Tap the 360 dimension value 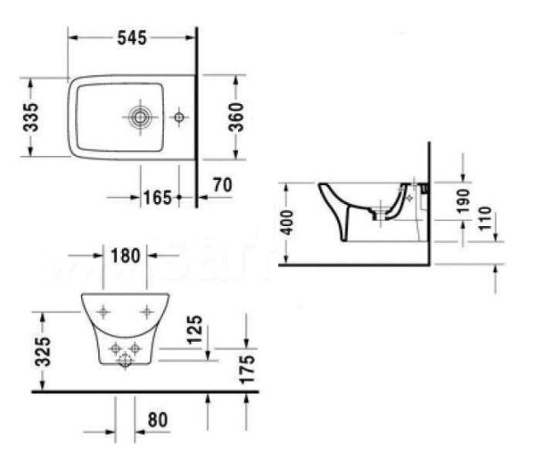click(x=236, y=115)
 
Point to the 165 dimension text click(x=157, y=196)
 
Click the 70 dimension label click(x=222, y=186)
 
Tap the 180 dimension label click(x=126, y=256)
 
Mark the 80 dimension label click(x=159, y=418)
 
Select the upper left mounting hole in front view click(x=103, y=312)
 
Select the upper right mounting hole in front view click(x=147, y=312)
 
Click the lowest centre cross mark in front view click(x=125, y=360)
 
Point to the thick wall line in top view click(x=196, y=116)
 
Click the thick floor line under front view click(x=143, y=390)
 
